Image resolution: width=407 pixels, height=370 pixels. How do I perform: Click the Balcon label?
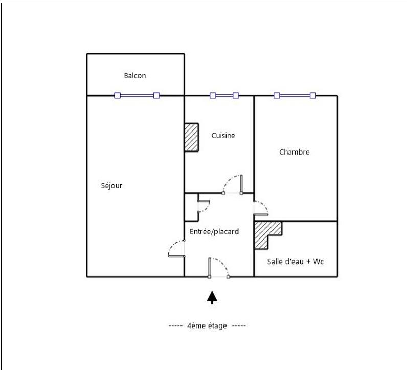tap(135, 76)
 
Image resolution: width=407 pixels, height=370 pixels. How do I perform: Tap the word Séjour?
tap(111, 186)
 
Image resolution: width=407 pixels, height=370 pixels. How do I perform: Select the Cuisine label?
tap(223, 136)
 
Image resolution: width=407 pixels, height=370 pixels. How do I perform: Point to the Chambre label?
tap(294, 152)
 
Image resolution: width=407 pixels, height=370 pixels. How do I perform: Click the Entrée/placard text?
tap(214, 232)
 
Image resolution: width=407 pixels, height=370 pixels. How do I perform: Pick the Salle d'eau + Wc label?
tap(296, 262)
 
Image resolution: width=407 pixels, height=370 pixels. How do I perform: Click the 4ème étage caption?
tap(207, 325)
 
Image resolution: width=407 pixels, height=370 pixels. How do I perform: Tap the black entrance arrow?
tap(212, 297)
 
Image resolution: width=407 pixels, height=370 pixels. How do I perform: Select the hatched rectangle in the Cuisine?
tap(191, 137)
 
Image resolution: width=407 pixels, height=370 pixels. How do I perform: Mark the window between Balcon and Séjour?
tap(137, 95)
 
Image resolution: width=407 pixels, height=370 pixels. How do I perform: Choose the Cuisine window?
tap(224, 95)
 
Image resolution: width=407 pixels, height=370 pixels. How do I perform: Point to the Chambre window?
tap(295, 95)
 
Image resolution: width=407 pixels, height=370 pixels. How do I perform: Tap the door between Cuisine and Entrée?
tap(233, 184)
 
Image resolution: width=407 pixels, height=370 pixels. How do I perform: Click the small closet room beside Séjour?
tap(191, 207)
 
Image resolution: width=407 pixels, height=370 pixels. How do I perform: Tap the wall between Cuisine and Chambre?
tap(254, 143)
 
